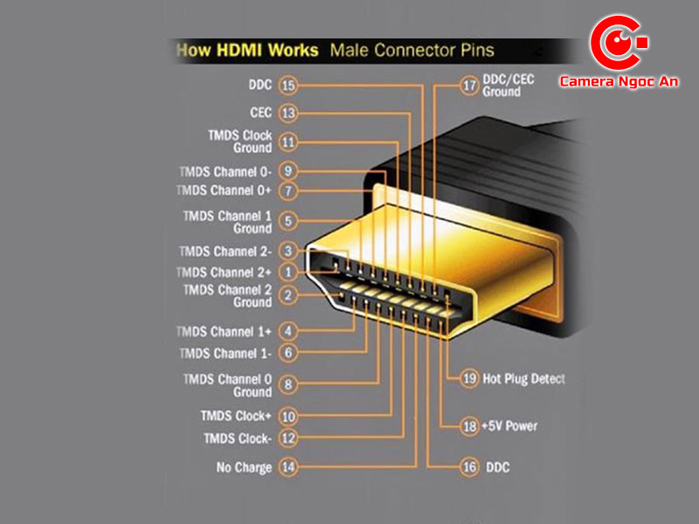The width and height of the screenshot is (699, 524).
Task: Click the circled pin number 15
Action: click(x=288, y=86)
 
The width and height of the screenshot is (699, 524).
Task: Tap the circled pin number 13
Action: click(x=288, y=113)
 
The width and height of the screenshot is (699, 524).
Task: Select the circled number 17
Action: click(x=469, y=85)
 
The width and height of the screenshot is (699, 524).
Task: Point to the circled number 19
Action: click(x=469, y=378)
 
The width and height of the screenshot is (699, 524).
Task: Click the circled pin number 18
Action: click(x=469, y=426)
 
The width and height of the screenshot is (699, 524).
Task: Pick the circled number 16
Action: click(x=469, y=467)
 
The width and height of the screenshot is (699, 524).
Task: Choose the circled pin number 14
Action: click(x=288, y=467)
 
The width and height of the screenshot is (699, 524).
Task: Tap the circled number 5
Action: click(x=288, y=221)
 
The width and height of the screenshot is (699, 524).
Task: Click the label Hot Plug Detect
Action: click(x=523, y=379)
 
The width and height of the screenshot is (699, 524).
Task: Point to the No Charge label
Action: click(x=244, y=467)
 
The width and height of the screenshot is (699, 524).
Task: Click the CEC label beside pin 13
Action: click(x=260, y=113)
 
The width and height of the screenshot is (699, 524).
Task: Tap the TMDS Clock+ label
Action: click(x=236, y=417)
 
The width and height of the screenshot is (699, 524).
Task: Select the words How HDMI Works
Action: click(x=247, y=50)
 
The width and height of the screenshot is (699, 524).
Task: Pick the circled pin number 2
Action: click(x=288, y=296)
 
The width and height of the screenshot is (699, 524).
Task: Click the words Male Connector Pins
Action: click(x=412, y=50)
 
